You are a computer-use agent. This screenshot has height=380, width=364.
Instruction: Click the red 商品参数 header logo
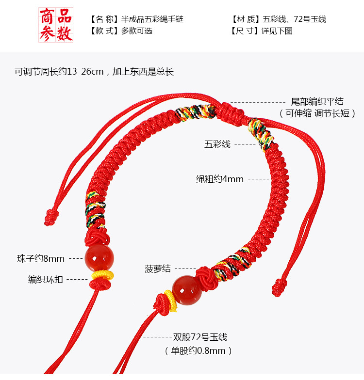pyautogui.click(x=56, y=25)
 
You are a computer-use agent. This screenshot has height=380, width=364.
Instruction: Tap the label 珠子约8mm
pyautogui.click(x=40, y=258)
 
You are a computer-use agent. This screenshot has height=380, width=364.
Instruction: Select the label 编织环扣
pyautogui.click(x=45, y=279)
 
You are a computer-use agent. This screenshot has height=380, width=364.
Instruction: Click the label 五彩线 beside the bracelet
pyautogui.click(x=217, y=144)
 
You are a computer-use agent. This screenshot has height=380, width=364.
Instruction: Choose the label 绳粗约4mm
pyautogui.click(x=220, y=179)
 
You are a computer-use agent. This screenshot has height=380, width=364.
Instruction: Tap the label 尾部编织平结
pyautogui.click(x=317, y=102)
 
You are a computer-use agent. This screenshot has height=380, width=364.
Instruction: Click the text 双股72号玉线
pyautogui.click(x=200, y=337)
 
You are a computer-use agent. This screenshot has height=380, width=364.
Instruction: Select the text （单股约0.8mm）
pyautogui.click(x=199, y=350)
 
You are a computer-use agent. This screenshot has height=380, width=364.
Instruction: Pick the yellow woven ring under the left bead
pyautogui.click(x=103, y=276)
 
